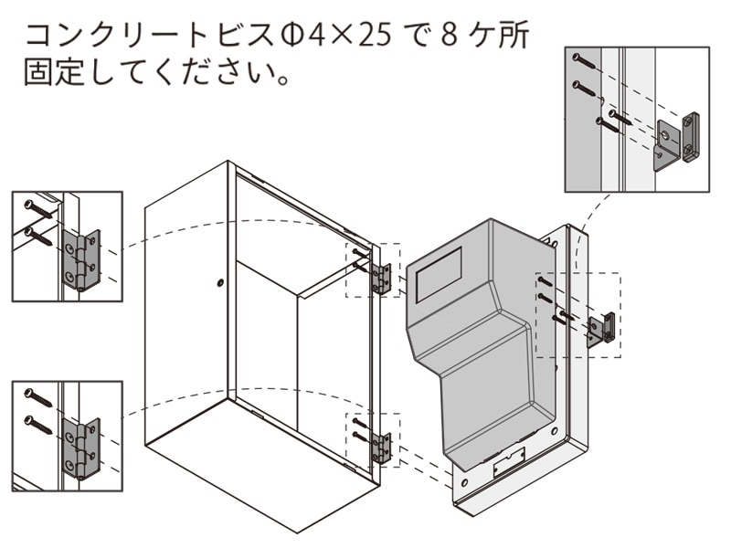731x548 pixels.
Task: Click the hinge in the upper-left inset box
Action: tap(81, 259)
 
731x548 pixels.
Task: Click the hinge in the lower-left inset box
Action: tap(81, 448)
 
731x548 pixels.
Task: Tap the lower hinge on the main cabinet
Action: tap(383, 448)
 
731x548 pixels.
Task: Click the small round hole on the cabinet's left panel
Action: tap(220, 283)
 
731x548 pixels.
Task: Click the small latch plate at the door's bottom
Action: tap(508, 463)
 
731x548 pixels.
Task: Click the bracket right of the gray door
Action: tap(600, 330)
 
